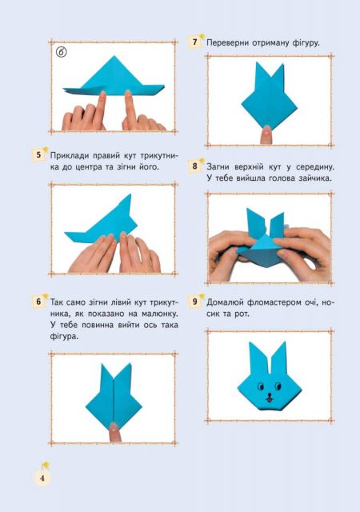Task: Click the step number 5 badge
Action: click(38, 154)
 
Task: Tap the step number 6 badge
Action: click(38, 301)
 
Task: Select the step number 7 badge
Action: click(194, 42)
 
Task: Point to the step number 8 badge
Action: click(194, 166)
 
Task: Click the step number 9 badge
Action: click(194, 301)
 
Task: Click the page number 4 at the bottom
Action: click(42, 478)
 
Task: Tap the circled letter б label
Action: click(61, 51)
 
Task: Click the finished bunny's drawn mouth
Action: click(269, 397)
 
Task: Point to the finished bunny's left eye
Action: click(261, 386)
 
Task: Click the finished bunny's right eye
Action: click(278, 386)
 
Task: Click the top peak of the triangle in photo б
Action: click(114, 56)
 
